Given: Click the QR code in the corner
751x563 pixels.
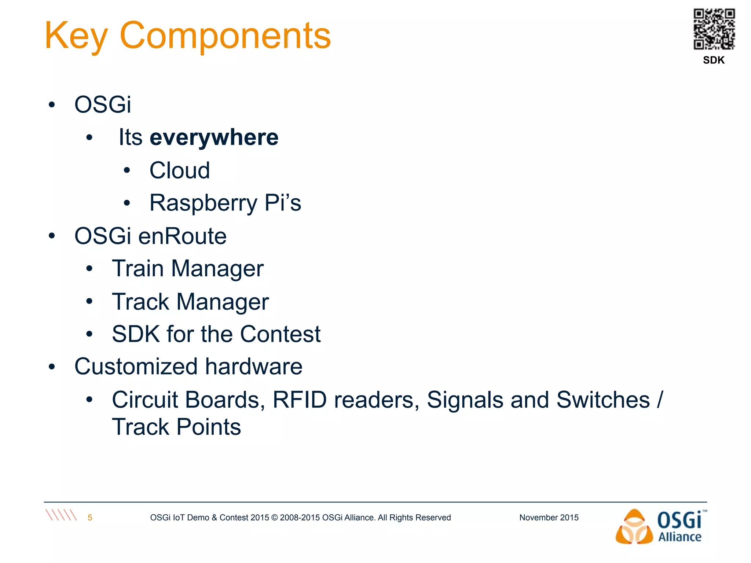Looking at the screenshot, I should click(x=714, y=29).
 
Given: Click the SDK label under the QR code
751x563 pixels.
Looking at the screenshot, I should click(x=714, y=60).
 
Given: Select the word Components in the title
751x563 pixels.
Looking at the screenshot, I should click(x=225, y=36).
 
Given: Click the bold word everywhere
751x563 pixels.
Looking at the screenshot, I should click(x=214, y=138).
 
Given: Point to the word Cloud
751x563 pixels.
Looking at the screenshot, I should click(x=180, y=170).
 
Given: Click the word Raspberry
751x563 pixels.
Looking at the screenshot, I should click(x=204, y=203).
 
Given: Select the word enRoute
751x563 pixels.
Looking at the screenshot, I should click(x=182, y=236).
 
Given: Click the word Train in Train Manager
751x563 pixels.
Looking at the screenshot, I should click(x=138, y=269).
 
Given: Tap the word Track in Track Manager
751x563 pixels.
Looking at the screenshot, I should click(x=140, y=302).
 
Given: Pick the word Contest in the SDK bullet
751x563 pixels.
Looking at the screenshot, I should click(x=280, y=334).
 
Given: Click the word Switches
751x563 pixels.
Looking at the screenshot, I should click(x=603, y=400).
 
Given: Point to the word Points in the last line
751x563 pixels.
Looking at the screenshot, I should click(x=209, y=427).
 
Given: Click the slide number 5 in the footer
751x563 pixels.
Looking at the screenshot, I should click(x=90, y=518).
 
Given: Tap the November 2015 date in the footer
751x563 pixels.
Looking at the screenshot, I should click(x=549, y=518).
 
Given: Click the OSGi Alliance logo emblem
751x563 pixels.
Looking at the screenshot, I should click(x=634, y=527).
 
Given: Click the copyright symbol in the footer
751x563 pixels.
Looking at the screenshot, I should click(x=274, y=518).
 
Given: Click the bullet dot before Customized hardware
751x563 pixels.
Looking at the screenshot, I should click(x=52, y=367).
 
